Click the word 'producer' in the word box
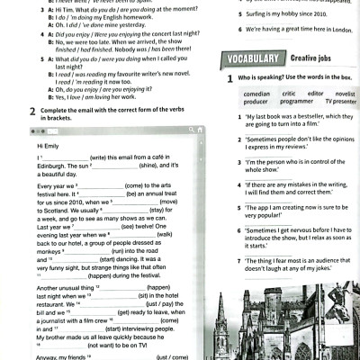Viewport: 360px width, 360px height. click(256, 101)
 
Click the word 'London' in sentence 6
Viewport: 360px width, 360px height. click(339, 30)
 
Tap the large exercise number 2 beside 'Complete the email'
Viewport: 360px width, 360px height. click(31, 111)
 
